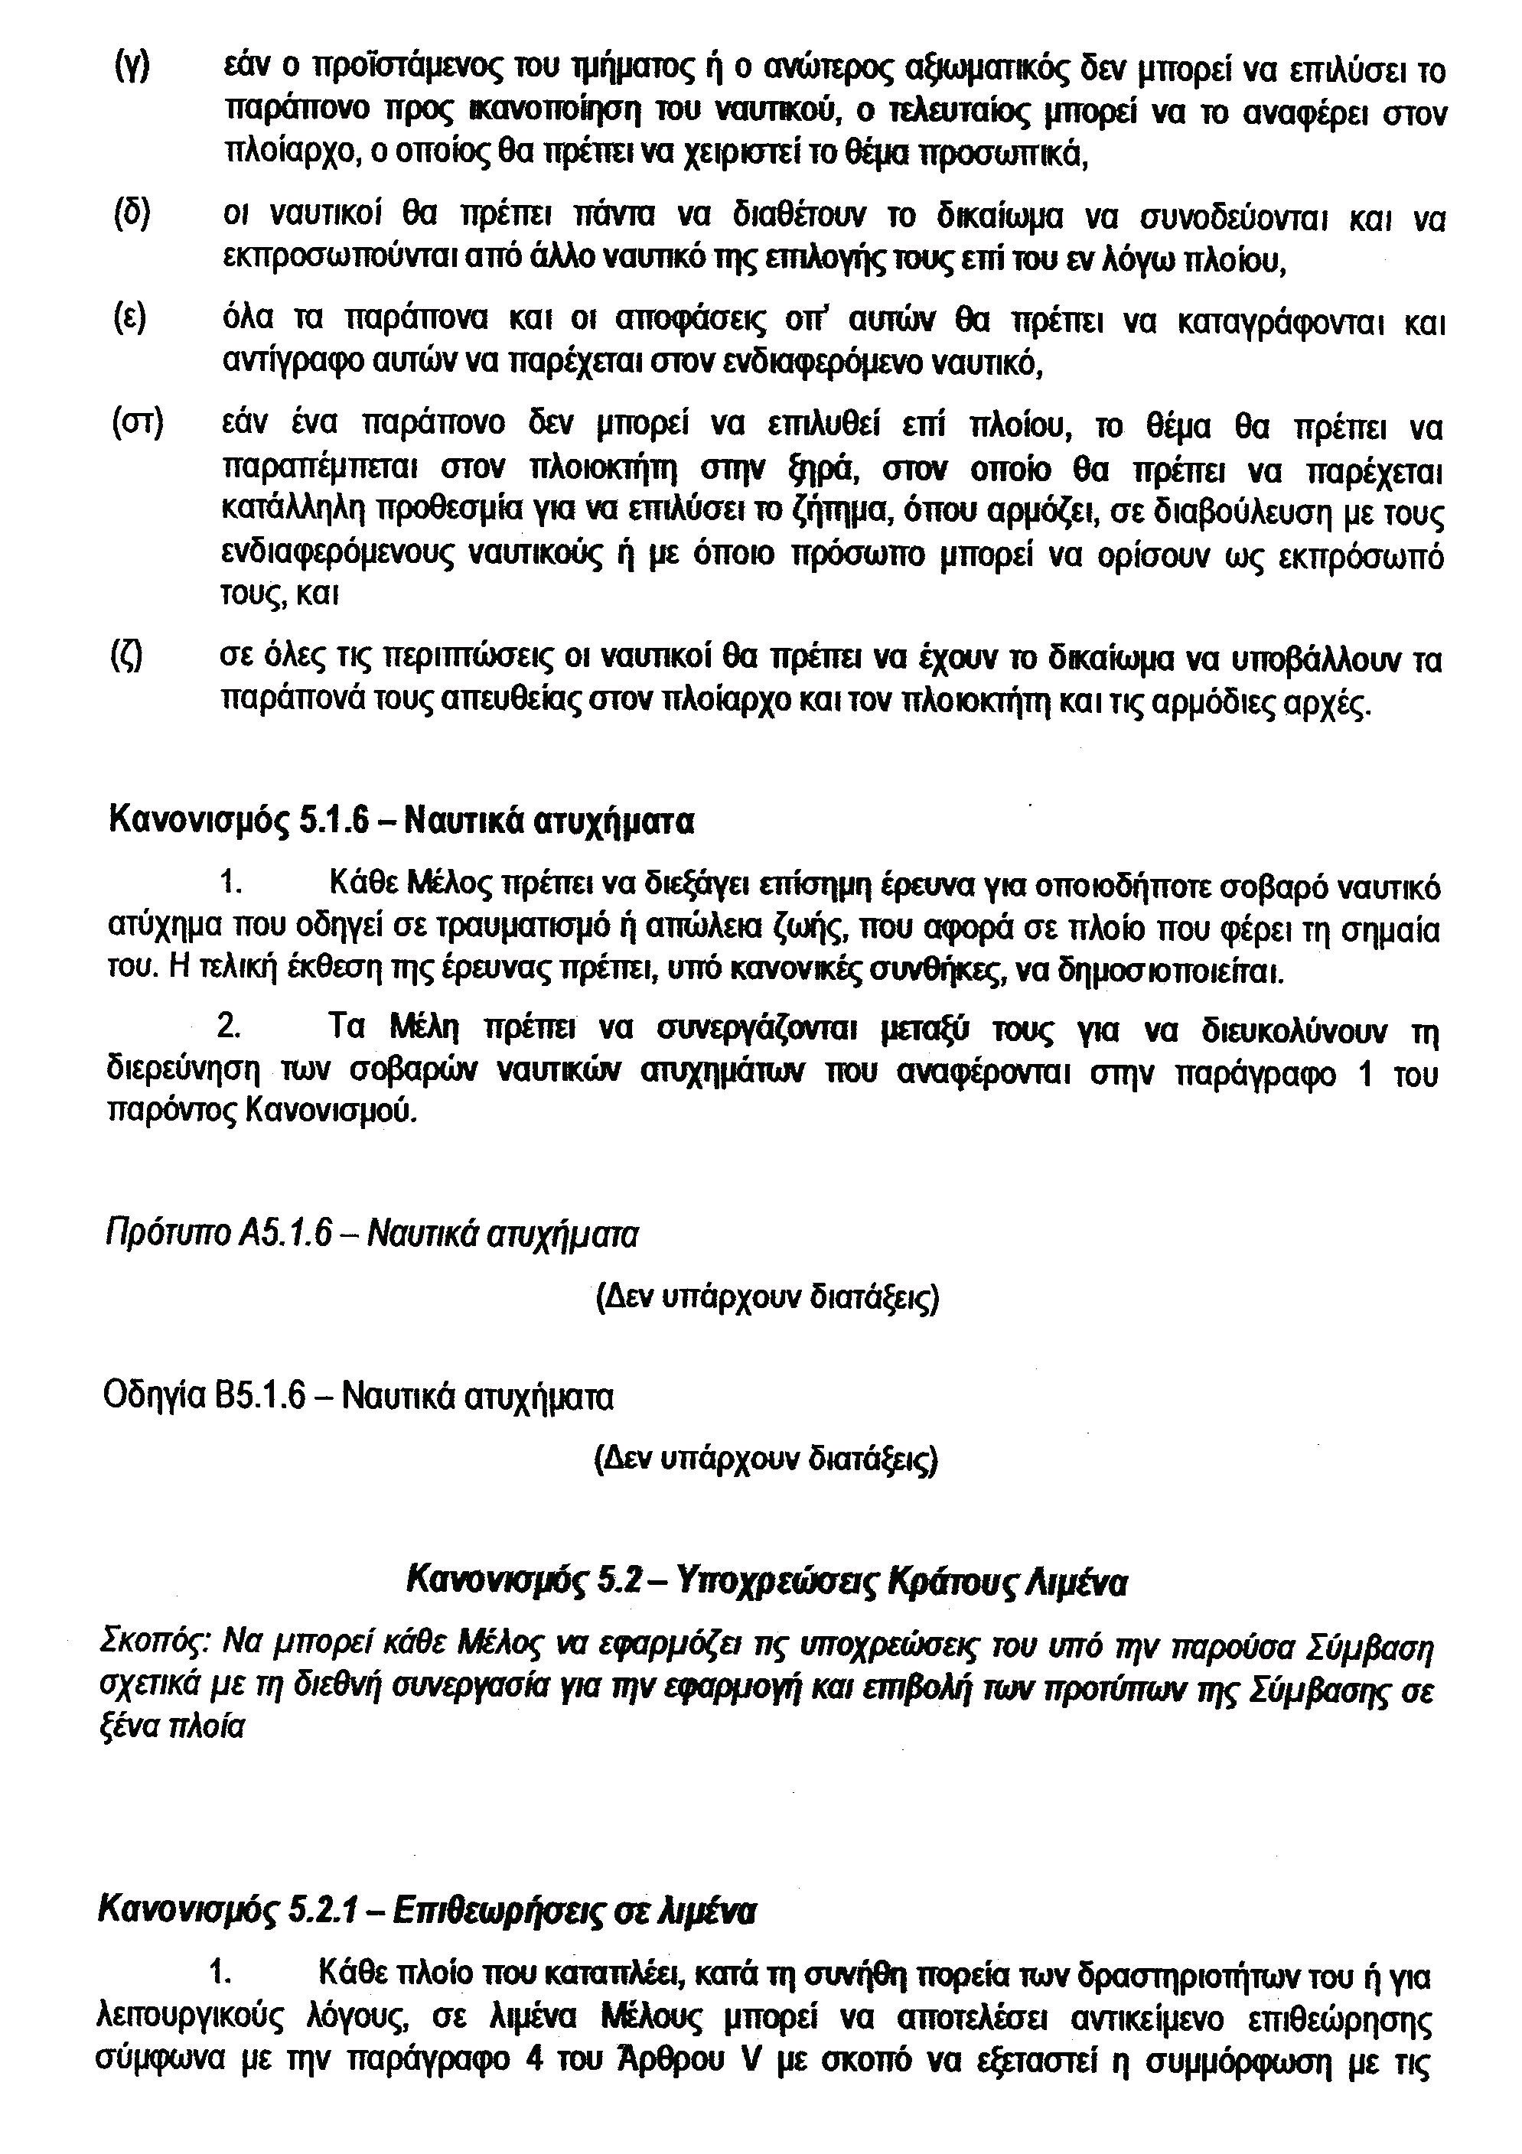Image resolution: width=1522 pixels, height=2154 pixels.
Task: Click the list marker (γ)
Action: pos(132,71)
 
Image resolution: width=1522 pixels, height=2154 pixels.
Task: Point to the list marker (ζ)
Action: pos(128,659)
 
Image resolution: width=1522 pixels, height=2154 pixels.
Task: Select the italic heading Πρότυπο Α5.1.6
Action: pos(370,1234)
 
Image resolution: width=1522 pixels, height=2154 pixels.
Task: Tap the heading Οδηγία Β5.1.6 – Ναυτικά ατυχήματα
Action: pos(357,1397)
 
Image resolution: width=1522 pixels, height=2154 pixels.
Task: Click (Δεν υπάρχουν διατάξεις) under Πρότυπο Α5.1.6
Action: pos(768,1297)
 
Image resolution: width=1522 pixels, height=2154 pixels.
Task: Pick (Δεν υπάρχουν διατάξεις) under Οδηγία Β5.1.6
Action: pos(767,1459)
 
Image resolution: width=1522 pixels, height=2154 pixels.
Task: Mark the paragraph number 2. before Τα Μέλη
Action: pos(229,1027)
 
